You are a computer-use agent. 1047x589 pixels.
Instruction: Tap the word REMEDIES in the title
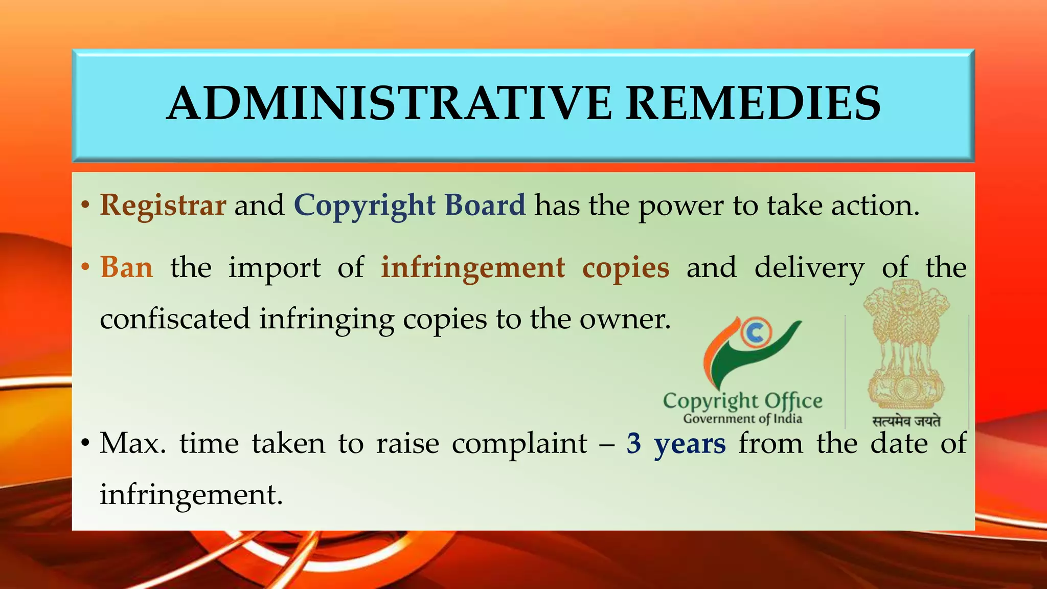click(x=753, y=104)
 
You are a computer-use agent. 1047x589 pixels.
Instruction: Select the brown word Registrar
click(x=163, y=206)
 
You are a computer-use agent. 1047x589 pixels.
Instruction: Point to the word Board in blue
click(x=485, y=206)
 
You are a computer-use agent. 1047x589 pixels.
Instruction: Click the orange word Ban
click(x=126, y=267)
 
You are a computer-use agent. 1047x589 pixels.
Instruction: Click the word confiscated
click(x=175, y=319)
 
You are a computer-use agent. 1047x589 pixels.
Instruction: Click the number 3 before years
click(x=634, y=443)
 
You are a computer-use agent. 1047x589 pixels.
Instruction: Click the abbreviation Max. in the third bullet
click(x=133, y=443)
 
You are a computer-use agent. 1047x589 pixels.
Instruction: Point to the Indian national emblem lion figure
click(x=905, y=348)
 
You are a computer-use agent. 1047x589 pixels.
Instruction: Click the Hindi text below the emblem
click(x=906, y=421)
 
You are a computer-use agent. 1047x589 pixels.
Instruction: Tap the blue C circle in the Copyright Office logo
click(x=755, y=333)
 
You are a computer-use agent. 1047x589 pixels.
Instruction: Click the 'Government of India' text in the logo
click(x=742, y=419)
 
